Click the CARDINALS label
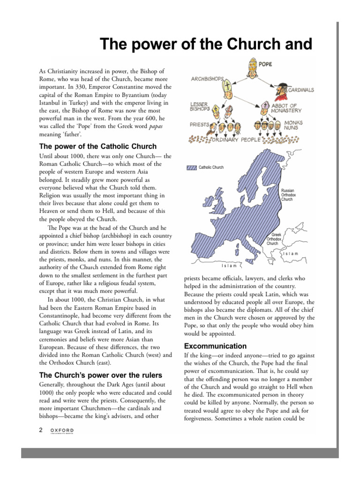(301, 90)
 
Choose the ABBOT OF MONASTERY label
(287, 108)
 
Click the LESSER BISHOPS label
(199, 107)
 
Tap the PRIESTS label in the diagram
(200, 125)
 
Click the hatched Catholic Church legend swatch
(191, 167)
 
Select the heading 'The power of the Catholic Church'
(97, 146)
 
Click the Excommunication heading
(216, 346)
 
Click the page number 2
(41, 429)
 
